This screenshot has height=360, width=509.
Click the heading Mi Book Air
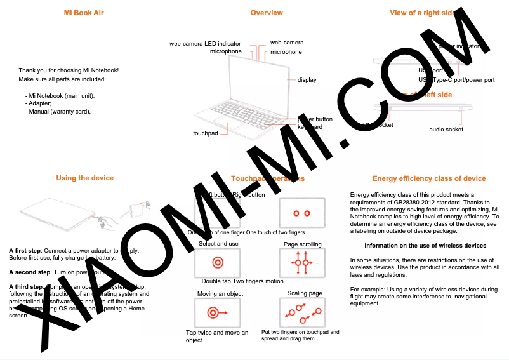pyautogui.click(x=84, y=13)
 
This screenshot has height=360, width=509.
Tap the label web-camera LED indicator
pyautogui.click(x=205, y=44)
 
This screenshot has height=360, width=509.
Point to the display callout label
pyautogui.click(x=307, y=80)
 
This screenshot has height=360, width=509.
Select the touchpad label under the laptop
pyautogui.click(x=206, y=133)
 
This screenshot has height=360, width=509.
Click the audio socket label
pyautogui.click(x=446, y=130)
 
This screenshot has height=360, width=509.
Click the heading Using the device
pyautogui.click(x=84, y=178)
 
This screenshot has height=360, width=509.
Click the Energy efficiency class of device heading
pyautogui.click(x=429, y=179)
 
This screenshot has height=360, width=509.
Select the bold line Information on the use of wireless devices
pyautogui.click(x=425, y=245)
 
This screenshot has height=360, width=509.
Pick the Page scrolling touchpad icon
pyautogui.click(x=302, y=262)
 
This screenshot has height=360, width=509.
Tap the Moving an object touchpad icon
pyautogui.click(x=218, y=312)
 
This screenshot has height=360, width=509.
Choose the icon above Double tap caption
pyautogui.click(x=218, y=262)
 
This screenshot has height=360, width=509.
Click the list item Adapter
pyautogui.click(x=39, y=103)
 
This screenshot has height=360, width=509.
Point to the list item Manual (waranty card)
pyautogui.click(x=58, y=112)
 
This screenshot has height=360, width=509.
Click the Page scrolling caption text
pyautogui.click(x=302, y=244)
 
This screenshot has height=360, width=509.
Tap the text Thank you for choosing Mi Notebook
pyautogui.click(x=69, y=70)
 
